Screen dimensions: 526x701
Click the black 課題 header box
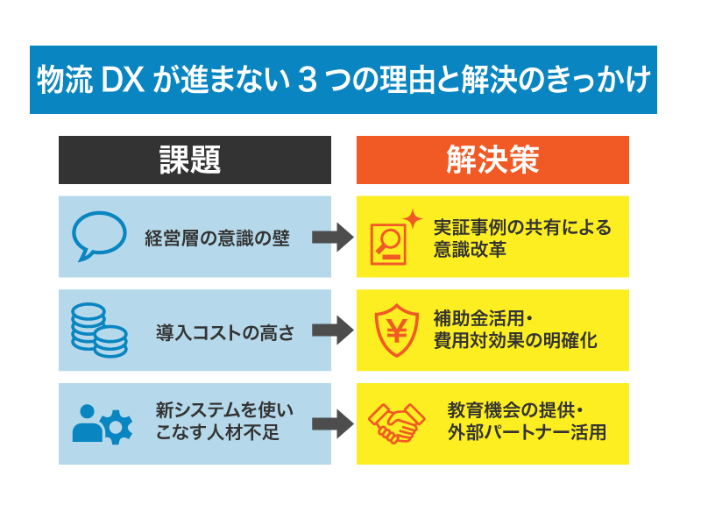[x=195, y=160]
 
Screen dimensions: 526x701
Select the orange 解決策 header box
[x=492, y=160]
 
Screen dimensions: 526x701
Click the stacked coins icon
[x=98, y=330]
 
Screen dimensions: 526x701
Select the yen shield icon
[x=393, y=331]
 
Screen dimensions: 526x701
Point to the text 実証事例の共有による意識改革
[x=522, y=238]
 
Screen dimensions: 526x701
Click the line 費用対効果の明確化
[x=515, y=341]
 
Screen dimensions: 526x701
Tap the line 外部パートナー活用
[x=526, y=433]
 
